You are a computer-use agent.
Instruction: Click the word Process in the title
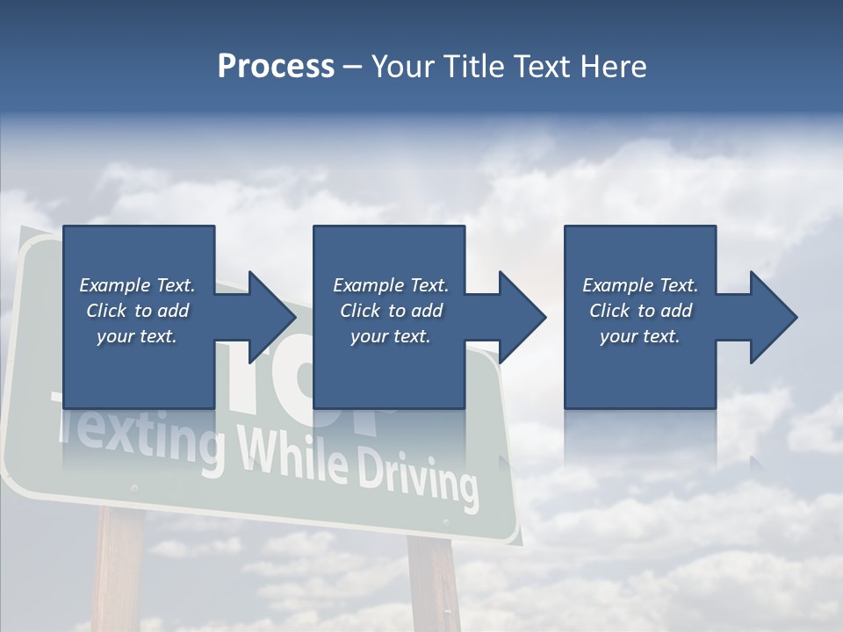coord(276,67)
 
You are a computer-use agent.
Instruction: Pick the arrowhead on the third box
coord(772,317)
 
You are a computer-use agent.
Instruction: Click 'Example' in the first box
coord(114,285)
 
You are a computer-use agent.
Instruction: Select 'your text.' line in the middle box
coord(390,336)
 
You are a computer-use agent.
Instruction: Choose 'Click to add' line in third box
coord(640,311)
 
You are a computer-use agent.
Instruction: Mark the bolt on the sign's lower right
coord(446,524)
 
